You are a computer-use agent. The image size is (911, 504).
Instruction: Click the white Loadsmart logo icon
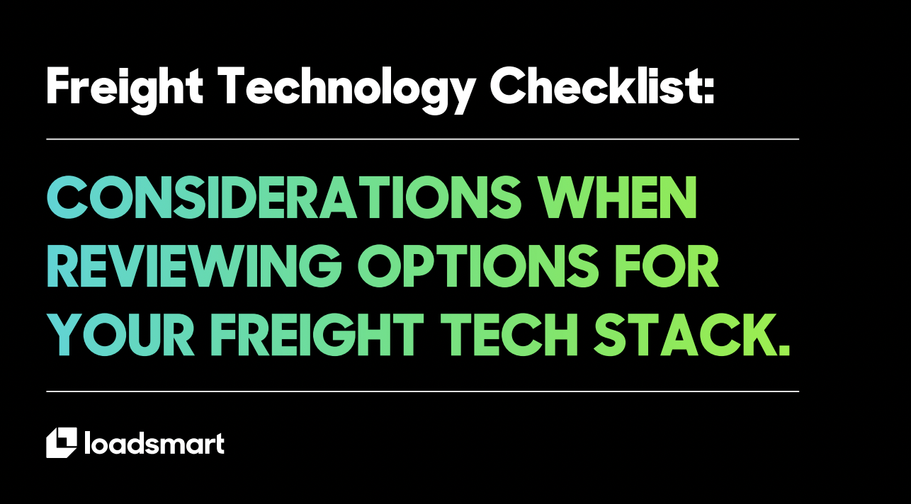pos(61,442)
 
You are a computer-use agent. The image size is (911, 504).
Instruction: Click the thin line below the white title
pos(422,139)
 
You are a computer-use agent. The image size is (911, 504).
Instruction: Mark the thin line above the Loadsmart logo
pos(422,391)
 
